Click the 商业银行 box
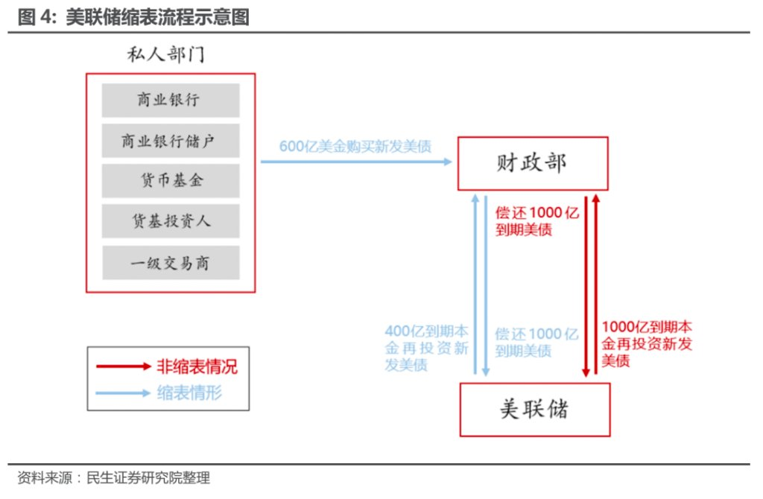171,101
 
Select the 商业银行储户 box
171,141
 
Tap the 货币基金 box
171,181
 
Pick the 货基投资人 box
171,221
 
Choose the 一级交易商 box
171,263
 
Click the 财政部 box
533,163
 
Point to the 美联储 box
535,410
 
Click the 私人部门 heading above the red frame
166,54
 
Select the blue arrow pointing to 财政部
356,162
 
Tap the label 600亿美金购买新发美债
355,147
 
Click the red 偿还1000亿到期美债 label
537,220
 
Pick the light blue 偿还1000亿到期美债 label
536,343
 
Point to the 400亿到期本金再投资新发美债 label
426,348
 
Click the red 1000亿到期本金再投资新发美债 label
647,343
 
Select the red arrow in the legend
124,366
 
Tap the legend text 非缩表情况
197,366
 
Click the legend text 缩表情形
189,392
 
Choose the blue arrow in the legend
123,393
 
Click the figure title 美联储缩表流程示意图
157,17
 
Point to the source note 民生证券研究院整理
148,477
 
